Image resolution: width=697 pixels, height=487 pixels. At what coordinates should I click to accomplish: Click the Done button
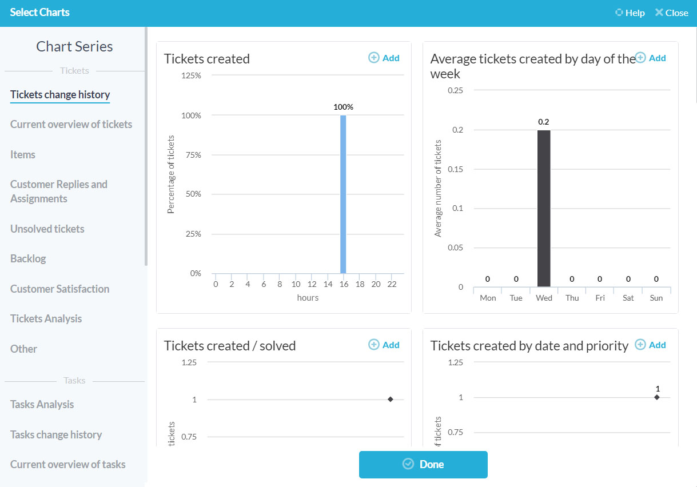[423, 464]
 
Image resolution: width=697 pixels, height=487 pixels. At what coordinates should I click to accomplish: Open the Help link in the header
[630, 13]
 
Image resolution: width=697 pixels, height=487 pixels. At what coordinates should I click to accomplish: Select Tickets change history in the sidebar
[60, 95]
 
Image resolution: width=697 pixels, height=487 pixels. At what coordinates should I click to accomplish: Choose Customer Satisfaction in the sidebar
[59, 289]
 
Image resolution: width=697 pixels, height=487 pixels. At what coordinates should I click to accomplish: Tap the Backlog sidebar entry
[28, 258]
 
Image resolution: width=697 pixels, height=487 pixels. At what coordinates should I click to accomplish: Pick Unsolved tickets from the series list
[47, 229]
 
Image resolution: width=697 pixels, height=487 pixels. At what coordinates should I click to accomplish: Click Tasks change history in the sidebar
[56, 434]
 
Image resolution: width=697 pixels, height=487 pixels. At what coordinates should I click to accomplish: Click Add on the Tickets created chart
[384, 58]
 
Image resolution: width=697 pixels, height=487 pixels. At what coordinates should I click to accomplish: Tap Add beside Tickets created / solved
[384, 345]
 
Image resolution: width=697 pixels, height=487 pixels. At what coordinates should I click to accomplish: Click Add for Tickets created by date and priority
[651, 345]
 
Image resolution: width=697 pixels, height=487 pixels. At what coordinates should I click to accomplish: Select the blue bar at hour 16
[343, 194]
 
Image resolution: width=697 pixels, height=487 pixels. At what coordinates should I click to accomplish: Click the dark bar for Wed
[544, 208]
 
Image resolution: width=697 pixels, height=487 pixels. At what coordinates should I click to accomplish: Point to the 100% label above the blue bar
[343, 107]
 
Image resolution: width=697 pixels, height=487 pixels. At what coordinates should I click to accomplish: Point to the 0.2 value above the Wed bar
[544, 122]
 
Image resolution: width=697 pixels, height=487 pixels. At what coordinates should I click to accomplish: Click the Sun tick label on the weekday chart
[656, 298]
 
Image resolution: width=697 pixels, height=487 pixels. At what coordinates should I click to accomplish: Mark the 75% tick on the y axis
[192, 155]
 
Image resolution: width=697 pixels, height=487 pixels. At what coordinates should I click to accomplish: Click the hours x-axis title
[308, 297]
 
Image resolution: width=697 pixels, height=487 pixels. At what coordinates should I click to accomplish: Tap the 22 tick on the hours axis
[392, 284]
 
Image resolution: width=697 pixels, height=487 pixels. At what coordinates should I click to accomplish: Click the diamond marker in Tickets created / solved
[391, 399]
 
